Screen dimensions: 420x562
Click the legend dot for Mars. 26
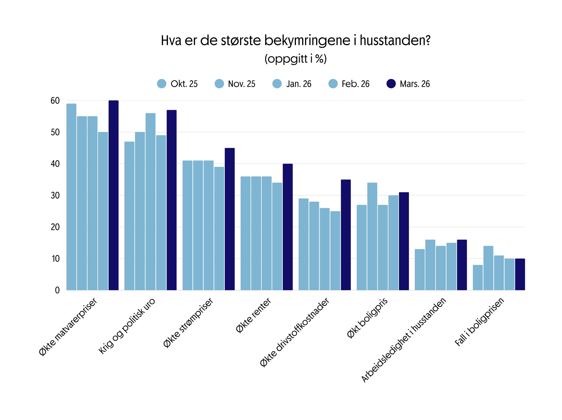(391, 84)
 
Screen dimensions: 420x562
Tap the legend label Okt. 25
(184, 84)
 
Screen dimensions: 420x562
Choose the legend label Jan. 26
(299, 84)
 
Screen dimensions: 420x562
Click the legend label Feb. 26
(356, 84)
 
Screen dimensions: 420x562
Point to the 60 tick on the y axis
(55, 101)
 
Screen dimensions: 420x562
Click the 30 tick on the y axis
(55, 196)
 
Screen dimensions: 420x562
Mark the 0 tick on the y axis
(57, 290)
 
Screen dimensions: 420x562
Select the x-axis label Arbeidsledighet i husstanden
(404, 340)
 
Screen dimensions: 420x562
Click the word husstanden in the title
(395, 40)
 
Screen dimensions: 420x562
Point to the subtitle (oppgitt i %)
(295, 59)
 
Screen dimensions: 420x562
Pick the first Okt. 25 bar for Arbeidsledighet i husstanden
(420, 270)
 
